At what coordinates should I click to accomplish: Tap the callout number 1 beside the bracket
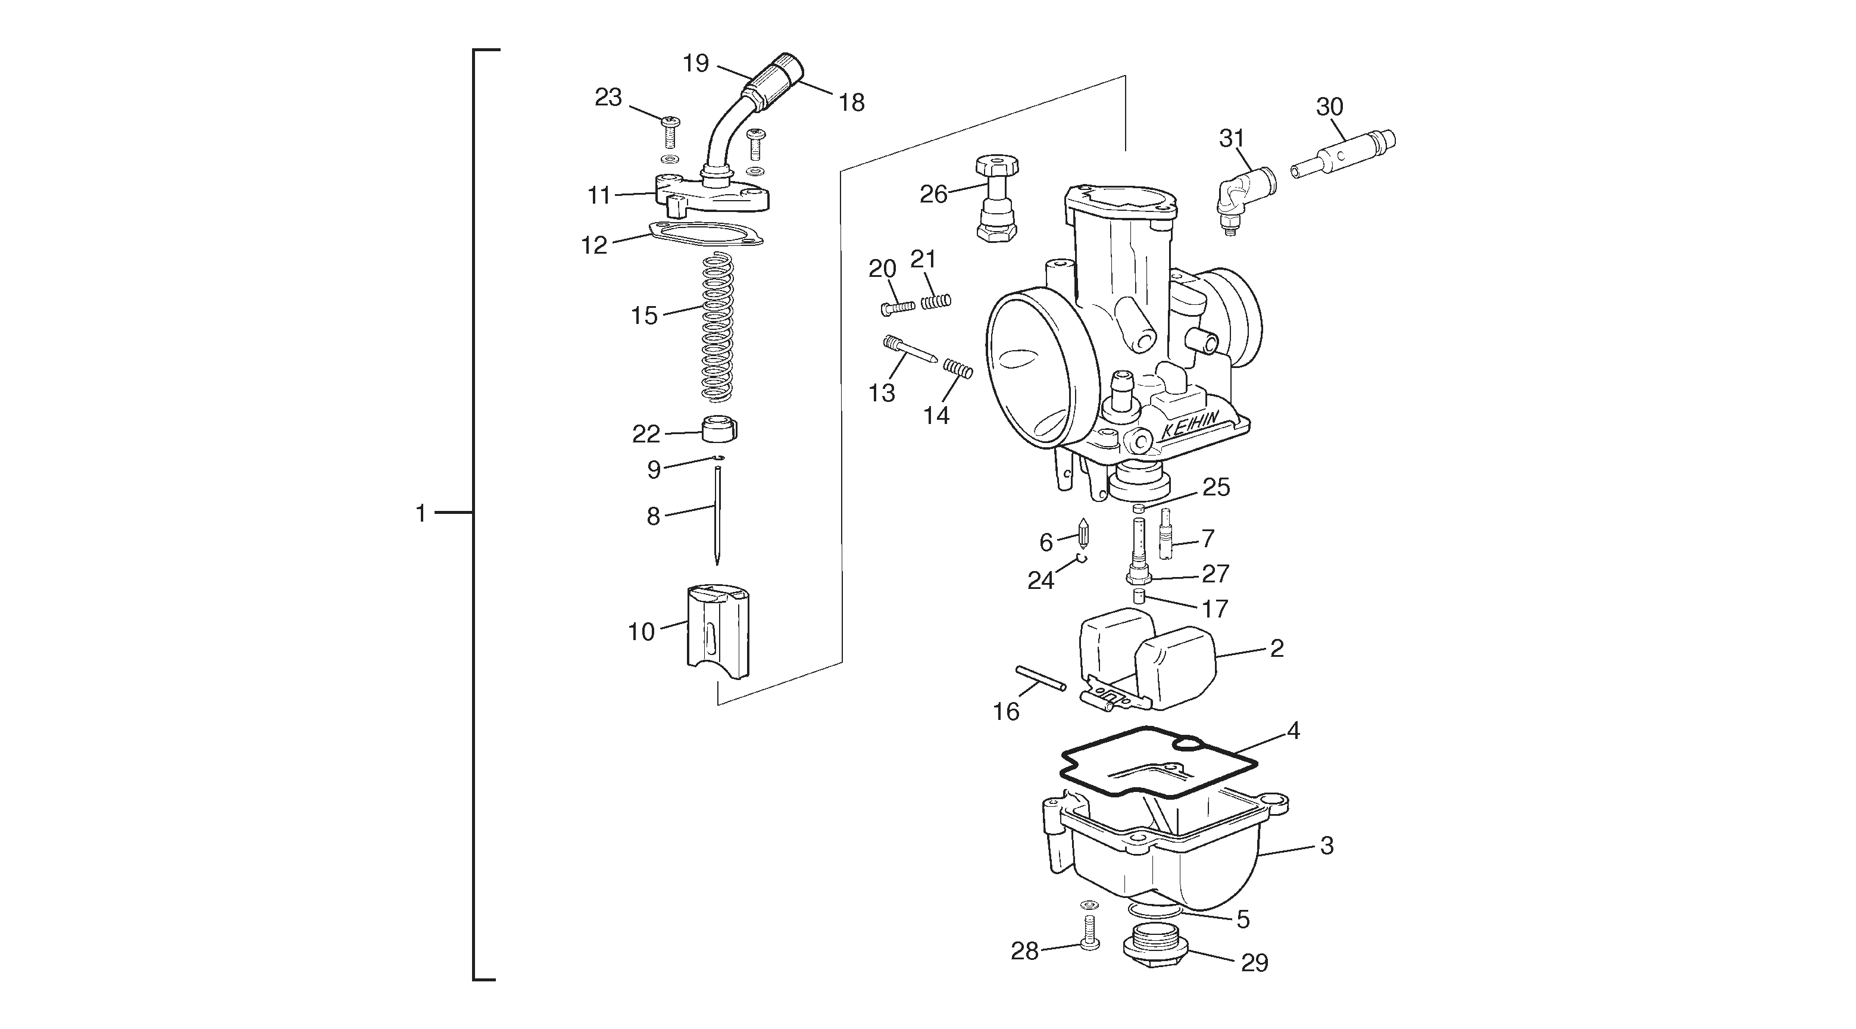point(421,514)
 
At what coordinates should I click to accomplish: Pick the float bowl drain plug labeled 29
point(1155,952)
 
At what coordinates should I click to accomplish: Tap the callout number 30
point(1329,107)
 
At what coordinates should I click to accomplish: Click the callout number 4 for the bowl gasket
point(1293,731)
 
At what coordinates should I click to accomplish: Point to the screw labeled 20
point(898,308)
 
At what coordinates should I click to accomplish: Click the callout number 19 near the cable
point(696,63)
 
